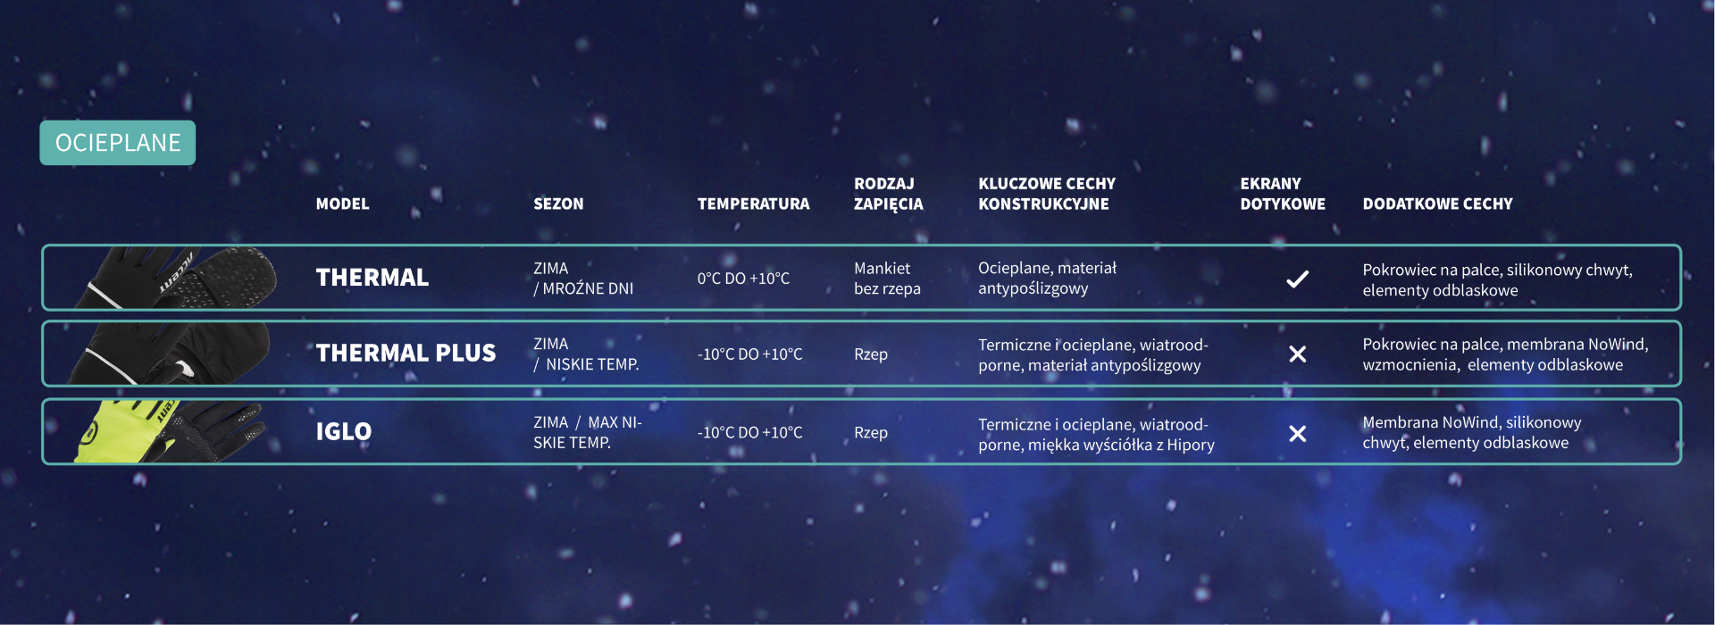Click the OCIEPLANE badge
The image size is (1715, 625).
(117, 143)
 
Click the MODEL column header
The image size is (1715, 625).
(342, 204)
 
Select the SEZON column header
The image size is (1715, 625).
(558, 204)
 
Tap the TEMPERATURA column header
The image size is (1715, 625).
(753, 204)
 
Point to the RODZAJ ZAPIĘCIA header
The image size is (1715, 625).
(888, 194)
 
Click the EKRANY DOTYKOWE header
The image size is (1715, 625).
(1283, 194)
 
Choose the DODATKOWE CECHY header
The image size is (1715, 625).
(1437, 204)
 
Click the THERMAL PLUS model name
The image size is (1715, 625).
(406, 354)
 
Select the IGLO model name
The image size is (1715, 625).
(343, 432)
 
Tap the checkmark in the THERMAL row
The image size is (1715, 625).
(1297, 279)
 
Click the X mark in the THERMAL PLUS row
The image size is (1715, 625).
(1298, 354)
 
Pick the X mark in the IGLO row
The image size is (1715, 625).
(1298, 434)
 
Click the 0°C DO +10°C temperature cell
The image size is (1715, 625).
(743, 279)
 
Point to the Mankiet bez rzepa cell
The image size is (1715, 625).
(887, 279)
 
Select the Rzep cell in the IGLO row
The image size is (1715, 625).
(871, 433)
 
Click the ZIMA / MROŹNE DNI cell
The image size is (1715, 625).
(583, 279)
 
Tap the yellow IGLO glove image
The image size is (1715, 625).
(168, 432)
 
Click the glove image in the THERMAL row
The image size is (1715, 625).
(177, 278)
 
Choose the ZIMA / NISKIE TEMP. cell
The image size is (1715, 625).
(586, 354)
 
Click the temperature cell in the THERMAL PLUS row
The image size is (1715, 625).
(749, 354)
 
